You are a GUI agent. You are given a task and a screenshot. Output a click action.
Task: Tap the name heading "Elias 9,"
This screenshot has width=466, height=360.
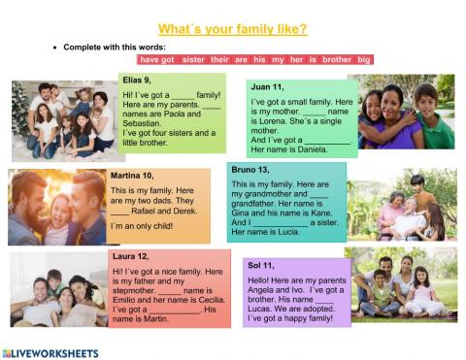(x=138, y=79)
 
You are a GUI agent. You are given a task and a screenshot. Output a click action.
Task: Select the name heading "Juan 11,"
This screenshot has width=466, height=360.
(x=267, y=86)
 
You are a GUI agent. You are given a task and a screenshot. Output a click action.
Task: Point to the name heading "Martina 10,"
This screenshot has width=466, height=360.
(x=132, y=176)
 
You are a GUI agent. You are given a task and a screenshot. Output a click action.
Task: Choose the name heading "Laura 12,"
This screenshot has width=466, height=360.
(x=130, y=257)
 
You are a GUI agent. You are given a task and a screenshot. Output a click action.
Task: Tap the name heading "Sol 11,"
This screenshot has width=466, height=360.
(x=261, y=265)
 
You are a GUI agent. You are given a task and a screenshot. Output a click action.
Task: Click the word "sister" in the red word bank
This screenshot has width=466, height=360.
(x=194, y=59)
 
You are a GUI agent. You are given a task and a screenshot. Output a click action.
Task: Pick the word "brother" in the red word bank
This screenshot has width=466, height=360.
(x=336, y=59)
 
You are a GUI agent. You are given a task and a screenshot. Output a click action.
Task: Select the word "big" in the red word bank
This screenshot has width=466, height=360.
(x=364, y=59)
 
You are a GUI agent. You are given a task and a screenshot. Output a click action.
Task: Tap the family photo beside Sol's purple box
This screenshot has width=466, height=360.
(x=401, y=282)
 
